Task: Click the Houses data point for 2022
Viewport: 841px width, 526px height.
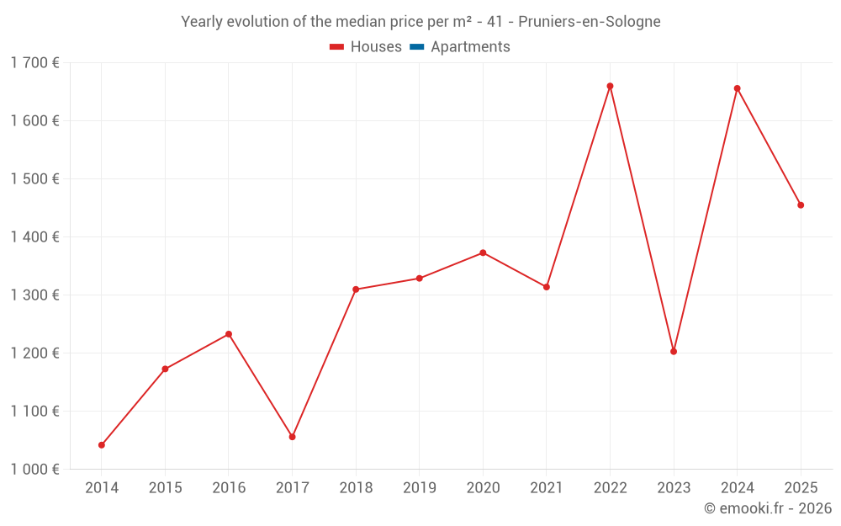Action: (x=610, y=86)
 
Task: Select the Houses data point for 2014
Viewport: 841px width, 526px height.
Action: (x=102, y=445)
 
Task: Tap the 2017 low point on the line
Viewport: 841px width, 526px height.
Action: (x=293, y=437)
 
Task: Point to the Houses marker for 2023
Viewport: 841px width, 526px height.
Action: (x=674, y=352)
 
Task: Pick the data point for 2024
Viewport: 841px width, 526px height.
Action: (x=738, y=88)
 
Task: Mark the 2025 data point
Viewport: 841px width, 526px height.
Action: (x=801, y=205)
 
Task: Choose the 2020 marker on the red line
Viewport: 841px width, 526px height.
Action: (x=483, y=252)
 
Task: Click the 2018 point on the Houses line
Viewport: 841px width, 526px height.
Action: (x=356, y=290)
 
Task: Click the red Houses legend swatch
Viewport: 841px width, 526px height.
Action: (x=336, y=47)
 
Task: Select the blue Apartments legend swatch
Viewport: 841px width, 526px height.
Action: (x=416, y=47)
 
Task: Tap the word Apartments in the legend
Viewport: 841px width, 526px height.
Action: (x=470, y=47)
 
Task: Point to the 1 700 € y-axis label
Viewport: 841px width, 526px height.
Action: (x=34, y=62)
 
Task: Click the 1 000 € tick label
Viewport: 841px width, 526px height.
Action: (x=34, y=470)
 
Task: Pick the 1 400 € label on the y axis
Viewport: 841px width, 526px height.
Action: (x=34, y=237)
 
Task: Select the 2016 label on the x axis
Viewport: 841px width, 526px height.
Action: (x=229, y=488)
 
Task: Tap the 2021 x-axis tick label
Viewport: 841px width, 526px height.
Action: (x=547, y=488)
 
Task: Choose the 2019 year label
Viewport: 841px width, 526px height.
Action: (x=420, y=488)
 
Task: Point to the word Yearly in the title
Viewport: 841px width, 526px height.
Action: (x=203, y=21)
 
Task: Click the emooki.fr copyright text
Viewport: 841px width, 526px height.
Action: (x=768, y=508)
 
